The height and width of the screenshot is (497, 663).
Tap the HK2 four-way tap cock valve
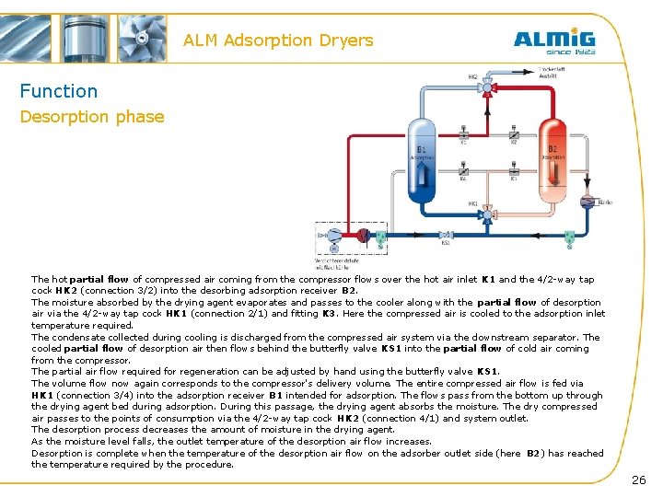[488, 88]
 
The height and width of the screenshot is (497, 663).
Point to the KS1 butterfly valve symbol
[446, 236]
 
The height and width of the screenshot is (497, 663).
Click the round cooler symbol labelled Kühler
[587, 201]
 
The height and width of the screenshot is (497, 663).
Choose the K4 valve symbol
[463, 172]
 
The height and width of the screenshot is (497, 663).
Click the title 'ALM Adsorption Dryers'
[278, 40]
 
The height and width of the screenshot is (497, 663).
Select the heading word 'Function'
[59, 91]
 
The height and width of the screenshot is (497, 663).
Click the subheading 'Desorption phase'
[92, 117]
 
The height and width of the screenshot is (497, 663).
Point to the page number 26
[638, 480]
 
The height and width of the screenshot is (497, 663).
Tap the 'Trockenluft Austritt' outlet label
[552, 72]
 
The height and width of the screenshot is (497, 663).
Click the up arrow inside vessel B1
[423, 170]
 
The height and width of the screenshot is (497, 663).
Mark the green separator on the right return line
[568, 237]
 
